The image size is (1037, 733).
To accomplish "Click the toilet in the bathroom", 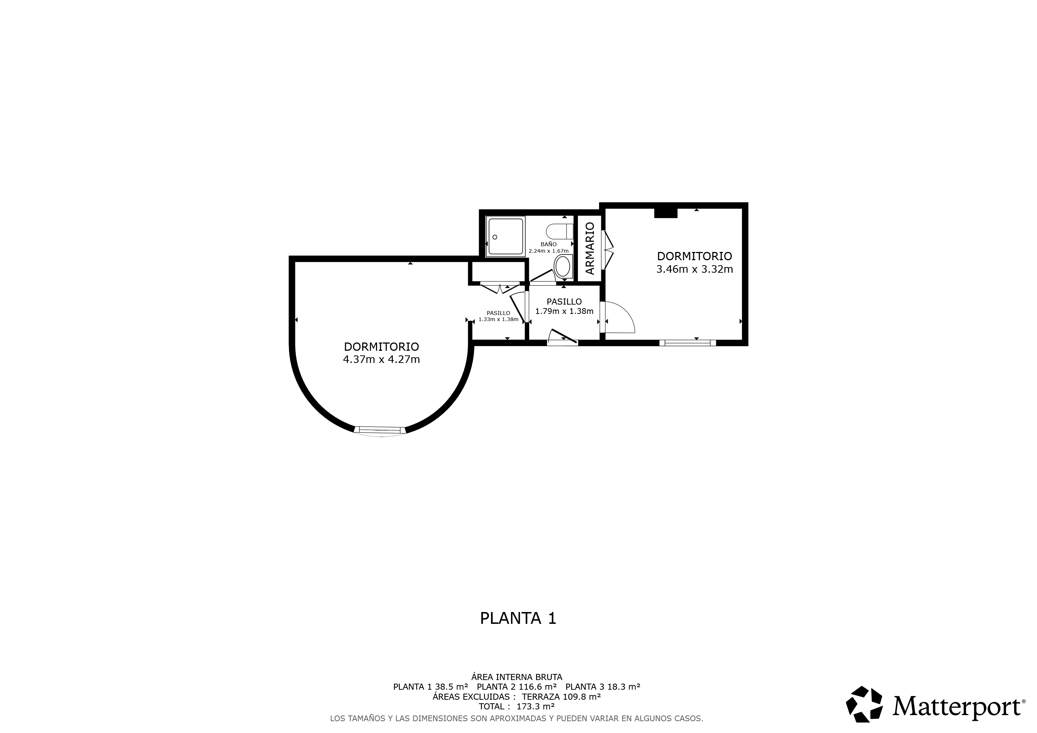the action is click(559, 232).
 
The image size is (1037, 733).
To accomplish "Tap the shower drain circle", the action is click(495, 237).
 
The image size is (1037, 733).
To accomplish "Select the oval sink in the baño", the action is click(563, 267).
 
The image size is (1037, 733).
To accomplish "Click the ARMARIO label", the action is click(589, 248).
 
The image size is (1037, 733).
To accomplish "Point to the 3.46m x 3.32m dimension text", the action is click(694, 270).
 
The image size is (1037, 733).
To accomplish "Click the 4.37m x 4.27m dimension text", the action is click(382, 360).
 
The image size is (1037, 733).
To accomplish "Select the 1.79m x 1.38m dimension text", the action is click(564, 311).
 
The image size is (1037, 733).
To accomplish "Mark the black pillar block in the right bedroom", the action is click(666, 213).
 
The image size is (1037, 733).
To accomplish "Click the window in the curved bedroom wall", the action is click(380, 431).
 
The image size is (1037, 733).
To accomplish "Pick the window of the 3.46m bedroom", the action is click(688, 343).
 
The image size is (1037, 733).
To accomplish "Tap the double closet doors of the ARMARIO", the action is click(607, 250).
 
